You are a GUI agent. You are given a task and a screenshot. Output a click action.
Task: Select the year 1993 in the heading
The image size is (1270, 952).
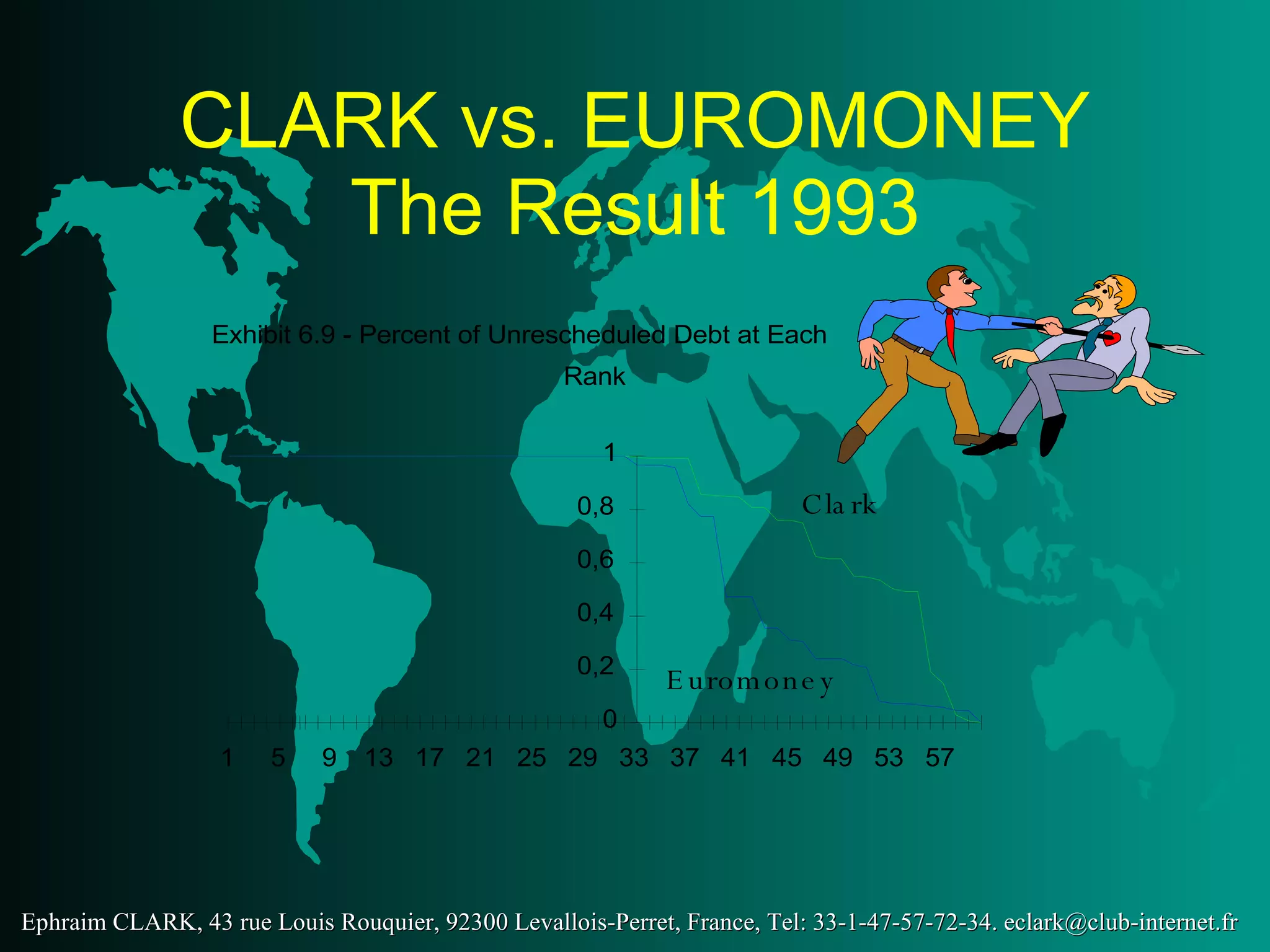[835, 208]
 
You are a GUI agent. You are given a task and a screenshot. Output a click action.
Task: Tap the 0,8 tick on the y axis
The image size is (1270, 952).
[595, 506]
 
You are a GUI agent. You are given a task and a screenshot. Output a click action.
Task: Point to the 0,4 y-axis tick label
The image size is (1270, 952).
[595, 613]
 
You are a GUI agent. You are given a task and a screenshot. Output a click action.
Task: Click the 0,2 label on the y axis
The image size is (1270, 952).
[595, 666]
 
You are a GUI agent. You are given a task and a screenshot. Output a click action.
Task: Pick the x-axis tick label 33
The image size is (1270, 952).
[633, 758]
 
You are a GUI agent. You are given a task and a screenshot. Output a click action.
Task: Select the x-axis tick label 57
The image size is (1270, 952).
[939, 758]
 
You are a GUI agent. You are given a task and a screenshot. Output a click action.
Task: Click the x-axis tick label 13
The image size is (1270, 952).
[378, 758]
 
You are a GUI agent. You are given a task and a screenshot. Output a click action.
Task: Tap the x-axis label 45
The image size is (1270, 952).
[786, 758]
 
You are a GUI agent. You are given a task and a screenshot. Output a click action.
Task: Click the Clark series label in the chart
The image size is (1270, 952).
[838, 505]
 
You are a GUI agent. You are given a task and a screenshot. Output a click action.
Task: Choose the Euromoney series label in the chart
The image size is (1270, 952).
[750, 682]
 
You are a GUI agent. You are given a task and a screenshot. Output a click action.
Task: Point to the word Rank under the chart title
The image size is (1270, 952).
[594, 377]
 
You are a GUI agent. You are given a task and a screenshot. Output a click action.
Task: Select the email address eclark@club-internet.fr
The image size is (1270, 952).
[1121, 922]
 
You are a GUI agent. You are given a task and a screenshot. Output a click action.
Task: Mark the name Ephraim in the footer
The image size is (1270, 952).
[64, 922]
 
